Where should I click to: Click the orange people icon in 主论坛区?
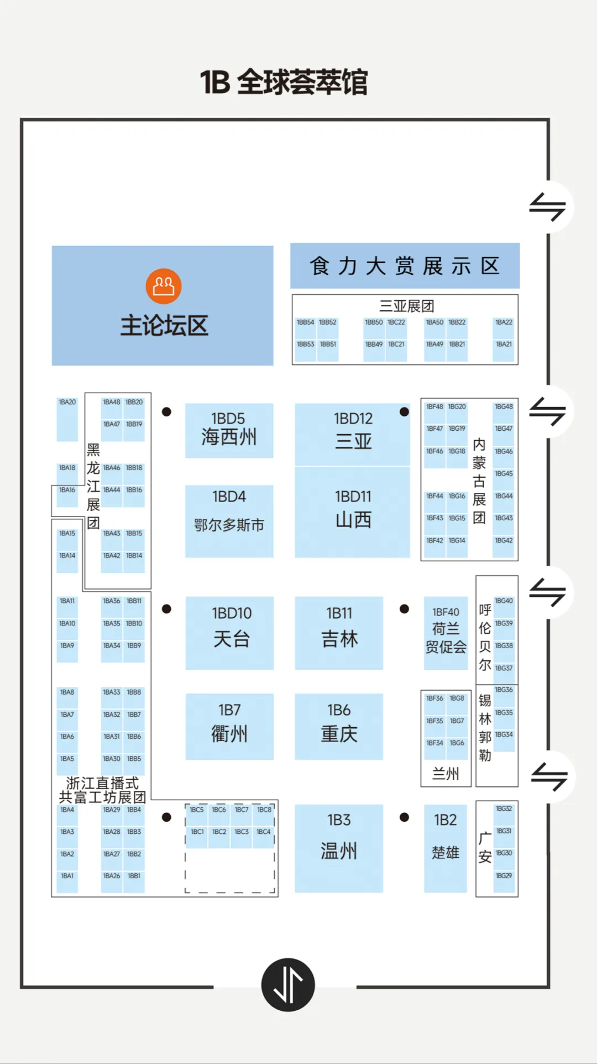(x=164, y=286)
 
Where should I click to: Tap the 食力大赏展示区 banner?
(x=405, y=266)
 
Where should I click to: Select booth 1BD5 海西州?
(x=229, y=430)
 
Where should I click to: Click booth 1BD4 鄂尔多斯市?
(x=229, y=521)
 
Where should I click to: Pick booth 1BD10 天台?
(x=229, y=633)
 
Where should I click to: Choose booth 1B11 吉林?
(x=339, y=633)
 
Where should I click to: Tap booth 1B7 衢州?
(x=229, y=726)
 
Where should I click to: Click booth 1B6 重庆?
(x=339, y=726)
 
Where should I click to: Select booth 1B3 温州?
(x=339, y=848)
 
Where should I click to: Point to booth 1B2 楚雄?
(x=446, y=848)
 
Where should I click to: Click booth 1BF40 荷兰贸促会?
(x=446, y=633)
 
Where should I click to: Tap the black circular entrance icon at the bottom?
(x=288, y=985)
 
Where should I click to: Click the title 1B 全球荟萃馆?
(x=284, y=82)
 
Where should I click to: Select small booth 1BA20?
(x=67, y=419)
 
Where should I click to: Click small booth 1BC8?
(x=264, y=815)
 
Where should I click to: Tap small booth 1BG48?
(x=504, y=413)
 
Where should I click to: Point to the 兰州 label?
(x=446, y=774)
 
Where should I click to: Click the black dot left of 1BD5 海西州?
(x=166, y=412)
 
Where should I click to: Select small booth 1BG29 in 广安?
(x=504, y=882)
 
